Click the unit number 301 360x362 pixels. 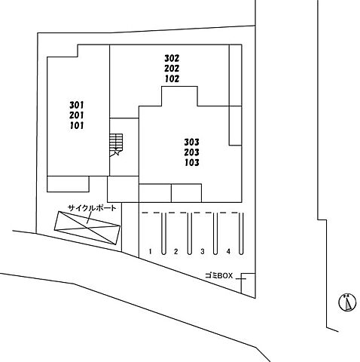coord(77,105)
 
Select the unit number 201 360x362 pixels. coord(77,115)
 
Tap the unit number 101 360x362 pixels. coord(77,125)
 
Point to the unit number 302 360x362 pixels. coord(172,58)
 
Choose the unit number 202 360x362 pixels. coord(172,69)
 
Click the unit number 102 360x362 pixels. coord(172,78)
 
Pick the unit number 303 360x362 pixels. coord(192,143)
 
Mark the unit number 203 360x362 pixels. coord(192,152)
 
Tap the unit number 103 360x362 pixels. coord(192,163)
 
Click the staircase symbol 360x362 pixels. coord(116,145)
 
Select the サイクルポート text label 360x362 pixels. coord(92,208)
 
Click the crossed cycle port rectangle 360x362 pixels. coord(87,228)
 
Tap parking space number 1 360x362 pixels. coord(150,251)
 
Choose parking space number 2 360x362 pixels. coord(175,251)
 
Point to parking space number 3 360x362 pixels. coord(203,251)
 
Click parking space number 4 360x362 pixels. coord(228,251)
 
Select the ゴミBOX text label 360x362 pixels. coord(219,276)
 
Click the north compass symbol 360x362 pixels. coord(347,302)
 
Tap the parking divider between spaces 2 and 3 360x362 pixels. coord(190,234)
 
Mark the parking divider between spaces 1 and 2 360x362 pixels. coord(163,234)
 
